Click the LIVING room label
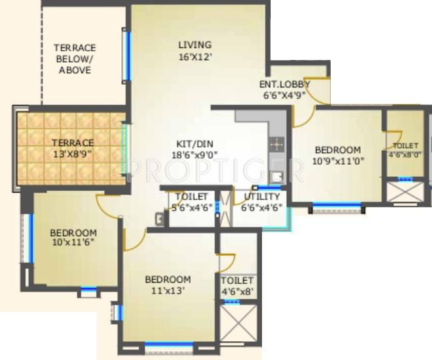pos(195,45)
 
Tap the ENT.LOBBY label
pos(285,84)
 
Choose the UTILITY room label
pos(261,196)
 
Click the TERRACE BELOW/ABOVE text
pos(75,59)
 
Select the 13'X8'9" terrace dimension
pos(74,153)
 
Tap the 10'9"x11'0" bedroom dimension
pos(338,161)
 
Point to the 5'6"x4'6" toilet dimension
pos(191,207)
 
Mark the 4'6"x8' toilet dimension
pos(237,291)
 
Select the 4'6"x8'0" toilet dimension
pos(405,154)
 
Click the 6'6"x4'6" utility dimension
pos(261,207)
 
